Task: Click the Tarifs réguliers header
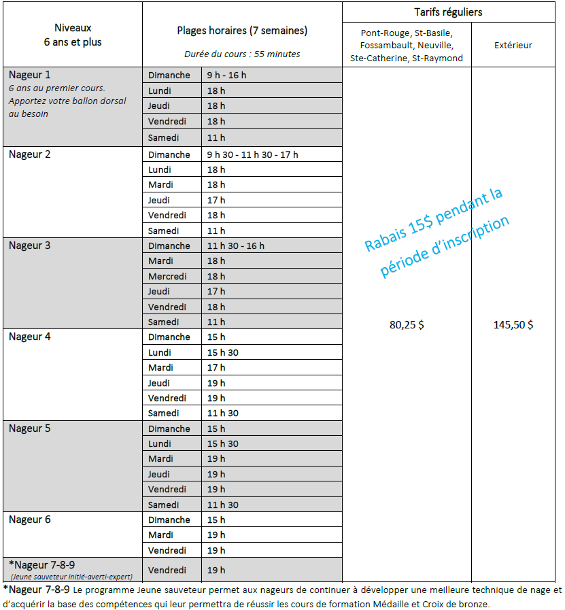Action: pyautogui.click(x=448, y=12)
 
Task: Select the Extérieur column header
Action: pyautogui.click(x=513, y=46)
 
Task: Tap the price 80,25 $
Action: pyautogui.click(x=407, y=325)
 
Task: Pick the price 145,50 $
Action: pyautogui.click(x=513, y=325)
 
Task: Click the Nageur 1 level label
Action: pyautogui.click(x=30, y=75)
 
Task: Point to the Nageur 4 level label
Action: pyautogui.click(x=30, y=337)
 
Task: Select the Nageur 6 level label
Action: pyautogui.click(x=30, y=520)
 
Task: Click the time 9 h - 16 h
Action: pyautogui.click(x=226, y=75)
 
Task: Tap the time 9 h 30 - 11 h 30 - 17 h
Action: pyautogui.click(x=252, y=154)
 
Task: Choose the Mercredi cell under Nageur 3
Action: pyautogui.click(x=168, y=276)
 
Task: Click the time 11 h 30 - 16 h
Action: pyautogui.click(x=235, y=245)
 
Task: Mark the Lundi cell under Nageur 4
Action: pyautogui.click(x=160, y=352)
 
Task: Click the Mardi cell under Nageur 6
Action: pyautogui.click(x=160, y=535)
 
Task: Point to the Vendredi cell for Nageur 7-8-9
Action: pyautogui.click(x=167, y=570)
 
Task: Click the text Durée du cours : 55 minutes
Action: pyautogui.click(x=241, y=54)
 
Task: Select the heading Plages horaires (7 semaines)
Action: pyautogui.click(x=241, y=30)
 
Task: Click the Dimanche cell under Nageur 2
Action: pyautogui.click(x=169, y=154)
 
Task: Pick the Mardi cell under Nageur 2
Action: pyautogui.click(x=160, y=184)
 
